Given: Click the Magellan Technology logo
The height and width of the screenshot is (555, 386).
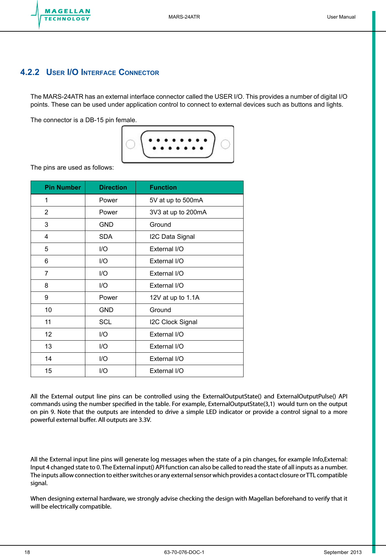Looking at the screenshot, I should coord(61,15).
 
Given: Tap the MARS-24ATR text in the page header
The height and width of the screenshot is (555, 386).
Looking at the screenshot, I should coord(184,17).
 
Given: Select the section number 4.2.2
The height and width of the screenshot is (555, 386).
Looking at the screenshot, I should coord(30,72).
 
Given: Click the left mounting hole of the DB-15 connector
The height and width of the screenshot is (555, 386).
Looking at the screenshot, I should coord(130,144).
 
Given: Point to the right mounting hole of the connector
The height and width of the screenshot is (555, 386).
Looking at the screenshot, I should coord(225,144).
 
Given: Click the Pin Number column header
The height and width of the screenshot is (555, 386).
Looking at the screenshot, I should coord(62,188).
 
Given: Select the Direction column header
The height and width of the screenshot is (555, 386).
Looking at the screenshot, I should coord(113,188).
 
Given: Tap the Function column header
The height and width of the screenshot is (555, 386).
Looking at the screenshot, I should coord(163,188).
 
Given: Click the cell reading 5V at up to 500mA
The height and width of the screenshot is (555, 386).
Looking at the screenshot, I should coord(176,200).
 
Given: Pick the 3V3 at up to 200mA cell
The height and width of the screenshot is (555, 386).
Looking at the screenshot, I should coord(178,212).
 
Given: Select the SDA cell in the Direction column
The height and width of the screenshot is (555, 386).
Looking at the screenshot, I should coord(106,237).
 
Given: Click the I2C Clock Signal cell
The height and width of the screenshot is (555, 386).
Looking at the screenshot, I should coord(173,322).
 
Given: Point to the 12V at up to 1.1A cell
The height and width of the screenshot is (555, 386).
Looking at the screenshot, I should coord(174,298).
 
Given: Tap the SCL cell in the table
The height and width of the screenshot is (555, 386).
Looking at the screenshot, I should coord(105,322).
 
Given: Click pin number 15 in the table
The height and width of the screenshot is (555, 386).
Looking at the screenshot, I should coord(48,371).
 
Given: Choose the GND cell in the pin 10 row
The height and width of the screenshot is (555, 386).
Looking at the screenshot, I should coord(106,310).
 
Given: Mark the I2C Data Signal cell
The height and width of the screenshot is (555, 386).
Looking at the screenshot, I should coord(172,237).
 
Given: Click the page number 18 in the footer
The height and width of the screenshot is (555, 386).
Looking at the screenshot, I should coord(27,552).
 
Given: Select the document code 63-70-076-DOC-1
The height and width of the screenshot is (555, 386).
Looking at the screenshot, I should coord(184,552).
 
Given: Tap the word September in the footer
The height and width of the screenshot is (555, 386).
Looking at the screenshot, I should coord(336,552).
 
